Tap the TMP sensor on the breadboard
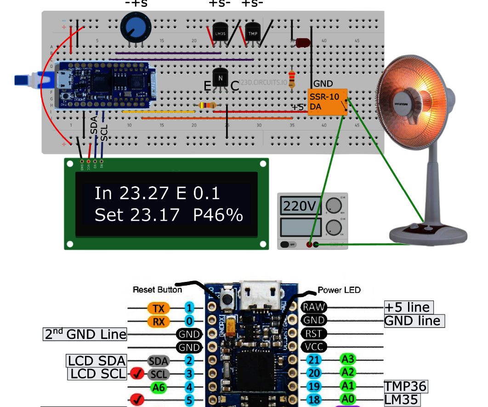(253, 33)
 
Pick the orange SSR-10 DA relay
(327, 102)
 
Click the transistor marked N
(221, 78)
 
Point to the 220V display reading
(299, 206)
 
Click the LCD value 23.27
(143, 193)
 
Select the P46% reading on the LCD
(218, 215)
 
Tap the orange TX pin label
(158, 308)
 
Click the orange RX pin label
(158, 321)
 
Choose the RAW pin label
(314, 307)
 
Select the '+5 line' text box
(409, 307)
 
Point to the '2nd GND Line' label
(85, 334)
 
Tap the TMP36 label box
(406, 386)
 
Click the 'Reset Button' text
(157, 290)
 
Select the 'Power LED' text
(339, 290)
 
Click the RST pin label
(314, 333)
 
